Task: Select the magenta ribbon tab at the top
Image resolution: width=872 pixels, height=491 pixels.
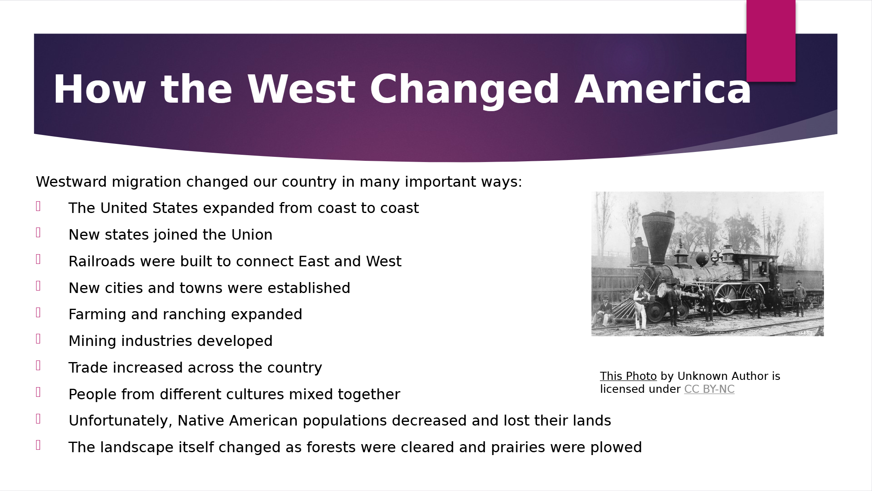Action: (771, 41)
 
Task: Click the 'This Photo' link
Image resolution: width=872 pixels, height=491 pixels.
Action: (628, 376)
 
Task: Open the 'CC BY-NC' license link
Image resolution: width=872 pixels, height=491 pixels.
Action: (709, 389)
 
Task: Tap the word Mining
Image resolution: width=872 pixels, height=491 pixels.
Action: (92, 341)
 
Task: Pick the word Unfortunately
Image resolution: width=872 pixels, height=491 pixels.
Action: (120, 421)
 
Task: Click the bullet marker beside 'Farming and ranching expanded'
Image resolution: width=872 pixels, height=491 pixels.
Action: (38, 312)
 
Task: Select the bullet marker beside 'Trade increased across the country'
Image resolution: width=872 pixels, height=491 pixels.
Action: (38, 366)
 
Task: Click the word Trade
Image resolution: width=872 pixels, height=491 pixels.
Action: (88, 368)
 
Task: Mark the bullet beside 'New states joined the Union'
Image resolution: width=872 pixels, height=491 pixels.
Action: (38, 233)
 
